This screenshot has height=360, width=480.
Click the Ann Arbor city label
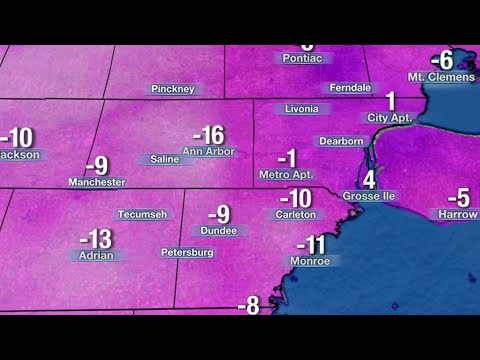point(208,152)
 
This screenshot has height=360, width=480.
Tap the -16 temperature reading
point(207,135)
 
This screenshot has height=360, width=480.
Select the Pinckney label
point(172,89)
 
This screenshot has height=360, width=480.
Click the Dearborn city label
point(339,141)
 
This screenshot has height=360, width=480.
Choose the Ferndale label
point(351,88)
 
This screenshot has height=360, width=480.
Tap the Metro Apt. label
point(286,174)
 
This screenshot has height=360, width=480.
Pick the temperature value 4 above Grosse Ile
point(369,180)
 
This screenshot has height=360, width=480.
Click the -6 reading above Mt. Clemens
point(442,60)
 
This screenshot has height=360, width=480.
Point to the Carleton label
point(296,214)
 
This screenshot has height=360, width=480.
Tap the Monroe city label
point(310,261)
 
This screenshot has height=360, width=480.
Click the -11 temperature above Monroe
point(311,245)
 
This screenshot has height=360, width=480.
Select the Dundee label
point(219,230)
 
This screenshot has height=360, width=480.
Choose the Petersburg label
point(187,252)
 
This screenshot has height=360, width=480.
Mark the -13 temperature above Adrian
point(96,239)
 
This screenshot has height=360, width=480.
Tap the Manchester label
point(97,182)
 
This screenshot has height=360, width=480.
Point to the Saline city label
point(165,159)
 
